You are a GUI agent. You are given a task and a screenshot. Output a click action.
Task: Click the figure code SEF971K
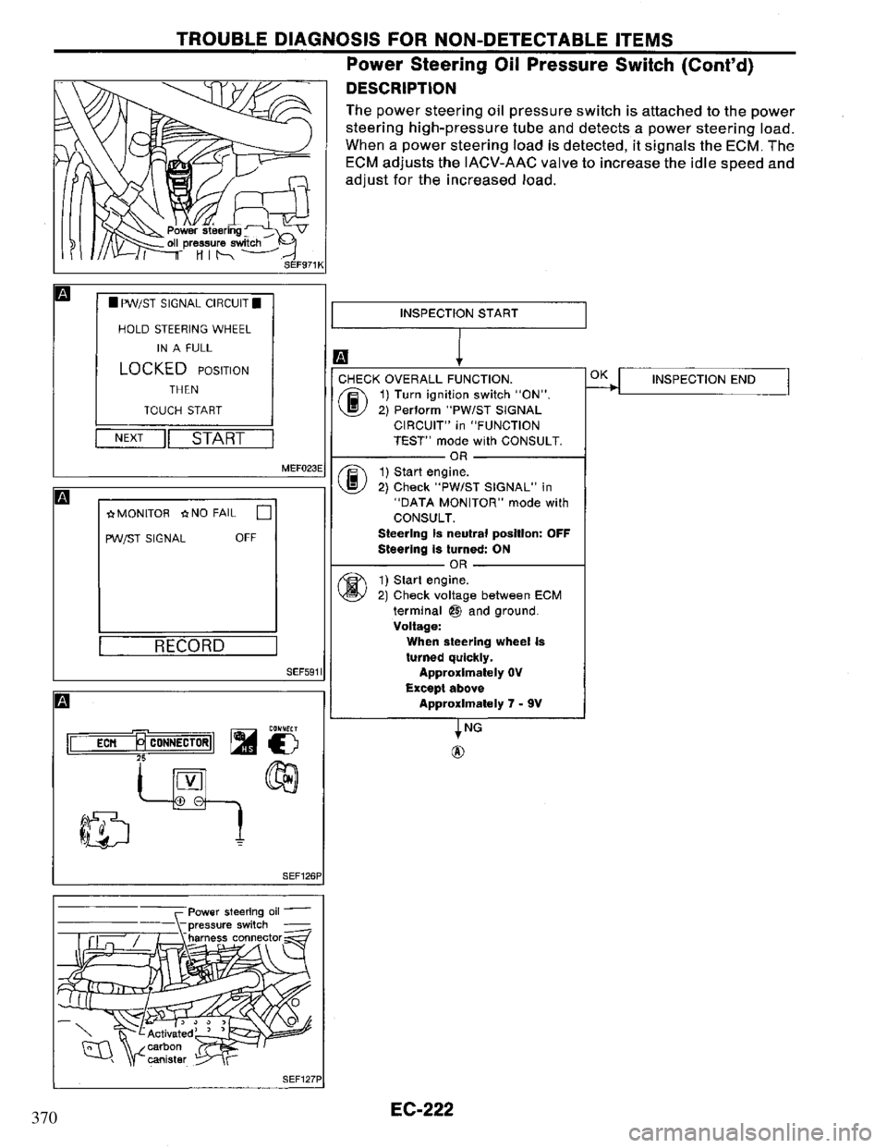[299, 263]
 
